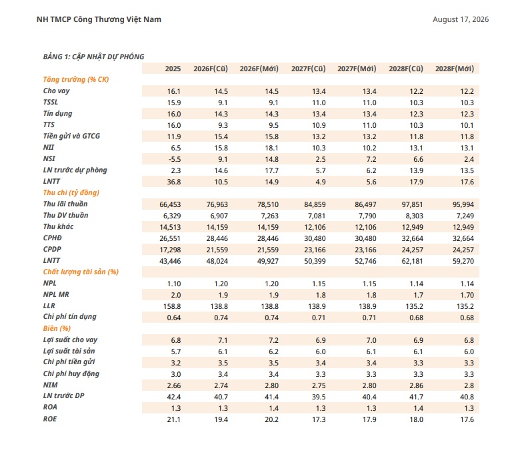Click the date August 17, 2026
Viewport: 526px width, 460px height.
pos(460,19)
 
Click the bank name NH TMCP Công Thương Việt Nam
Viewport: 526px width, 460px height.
pos(99,19)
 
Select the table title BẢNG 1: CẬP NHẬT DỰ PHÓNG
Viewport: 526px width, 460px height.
pos(93,57)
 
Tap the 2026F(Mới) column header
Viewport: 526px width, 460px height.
pos(259,69)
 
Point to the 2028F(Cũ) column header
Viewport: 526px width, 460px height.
pos(406,69)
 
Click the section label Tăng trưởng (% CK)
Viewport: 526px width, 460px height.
pos(76,79)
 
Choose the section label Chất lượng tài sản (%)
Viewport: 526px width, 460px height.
pos(81,272)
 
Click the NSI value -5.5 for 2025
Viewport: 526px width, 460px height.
pos(175,159)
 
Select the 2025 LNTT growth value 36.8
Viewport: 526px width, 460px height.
pos(174,182)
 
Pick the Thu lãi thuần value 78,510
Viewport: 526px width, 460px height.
pos(268,204)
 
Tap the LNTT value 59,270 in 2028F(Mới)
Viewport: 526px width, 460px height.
pos(463,261)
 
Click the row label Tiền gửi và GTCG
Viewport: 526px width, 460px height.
pos(71,136)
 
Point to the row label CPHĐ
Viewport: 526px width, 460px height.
pos(52,238)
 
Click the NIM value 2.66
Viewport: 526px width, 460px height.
pos(174,385)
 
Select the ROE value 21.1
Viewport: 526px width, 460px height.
pos(174,419)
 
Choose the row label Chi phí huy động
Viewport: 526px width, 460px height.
pos(71,373)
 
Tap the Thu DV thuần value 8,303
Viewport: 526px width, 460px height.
pos(414,216)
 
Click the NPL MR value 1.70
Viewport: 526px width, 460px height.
pos(467,295)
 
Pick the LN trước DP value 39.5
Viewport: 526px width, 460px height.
pos(319,397)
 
